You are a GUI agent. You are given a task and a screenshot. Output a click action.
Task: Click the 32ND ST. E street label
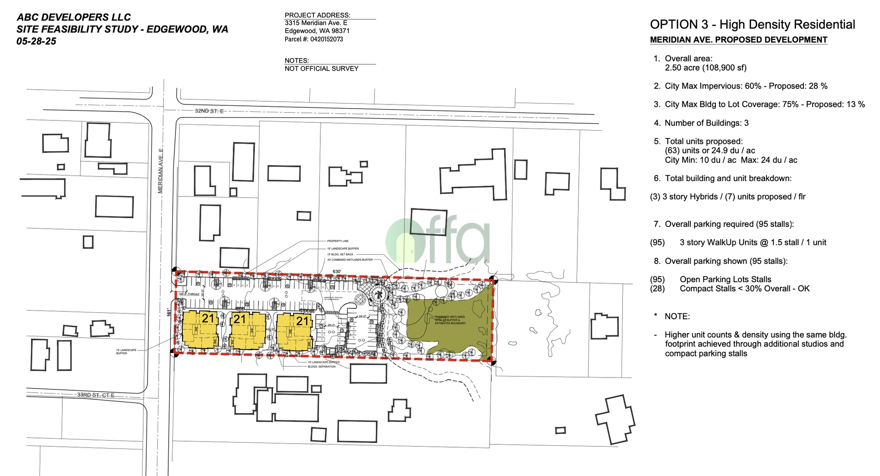click(x=209, y=111)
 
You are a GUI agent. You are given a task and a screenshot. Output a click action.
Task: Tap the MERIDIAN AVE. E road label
click(x=160, y=170)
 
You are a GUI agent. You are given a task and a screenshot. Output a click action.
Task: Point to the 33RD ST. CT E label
click(x=95, y=395)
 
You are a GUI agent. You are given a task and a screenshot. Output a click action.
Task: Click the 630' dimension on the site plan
click(x=337, y=272)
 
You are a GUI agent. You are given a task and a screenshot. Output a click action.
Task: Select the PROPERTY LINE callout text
click(x=338, y=241)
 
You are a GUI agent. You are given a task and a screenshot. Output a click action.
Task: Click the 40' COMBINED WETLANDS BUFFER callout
click(x=350, y=260)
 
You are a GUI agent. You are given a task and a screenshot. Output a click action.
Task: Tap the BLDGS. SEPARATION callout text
click(x=322, y=367)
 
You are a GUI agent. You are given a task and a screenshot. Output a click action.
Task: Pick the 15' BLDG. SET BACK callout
click(x=340, y=254)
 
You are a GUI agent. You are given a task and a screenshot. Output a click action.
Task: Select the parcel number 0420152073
click(x=326, y=39)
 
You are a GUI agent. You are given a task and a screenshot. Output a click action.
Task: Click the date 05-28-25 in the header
click(x=36, y=41)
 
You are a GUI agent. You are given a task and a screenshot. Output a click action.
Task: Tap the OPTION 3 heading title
click(x=752, y=25)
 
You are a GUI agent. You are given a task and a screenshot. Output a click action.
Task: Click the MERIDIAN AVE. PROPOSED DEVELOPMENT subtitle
click(x=738, y=40)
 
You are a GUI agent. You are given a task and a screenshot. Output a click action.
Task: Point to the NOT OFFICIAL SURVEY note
click(x=321, y=69)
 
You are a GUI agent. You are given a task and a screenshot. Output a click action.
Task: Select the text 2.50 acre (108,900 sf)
click(x=705, y=68)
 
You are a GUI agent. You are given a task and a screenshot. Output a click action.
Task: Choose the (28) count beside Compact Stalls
click(x=657, y=289)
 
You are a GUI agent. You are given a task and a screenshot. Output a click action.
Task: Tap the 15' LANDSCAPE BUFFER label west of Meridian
click(x=126, y=352)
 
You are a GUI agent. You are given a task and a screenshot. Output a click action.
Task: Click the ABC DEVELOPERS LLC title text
click(x=74, y=17)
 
